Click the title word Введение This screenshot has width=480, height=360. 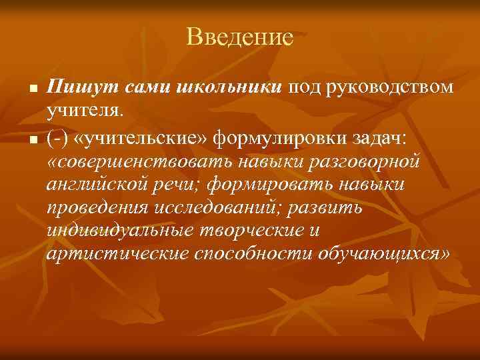point(239,37)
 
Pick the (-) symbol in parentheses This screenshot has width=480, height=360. point(58,137)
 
